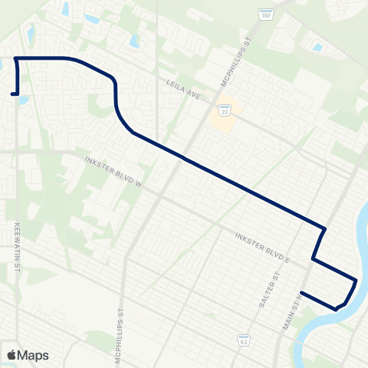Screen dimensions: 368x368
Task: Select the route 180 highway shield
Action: [x=266, y=15]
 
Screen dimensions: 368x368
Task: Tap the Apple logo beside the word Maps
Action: [x=12, y=355]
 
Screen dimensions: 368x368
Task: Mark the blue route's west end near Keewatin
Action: [x=12, y=94]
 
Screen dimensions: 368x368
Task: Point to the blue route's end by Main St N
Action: [x=301, y=292]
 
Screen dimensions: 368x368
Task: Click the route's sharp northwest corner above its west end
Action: [x=15, y=58]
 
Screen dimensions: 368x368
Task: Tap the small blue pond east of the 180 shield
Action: [x=317, y=48]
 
